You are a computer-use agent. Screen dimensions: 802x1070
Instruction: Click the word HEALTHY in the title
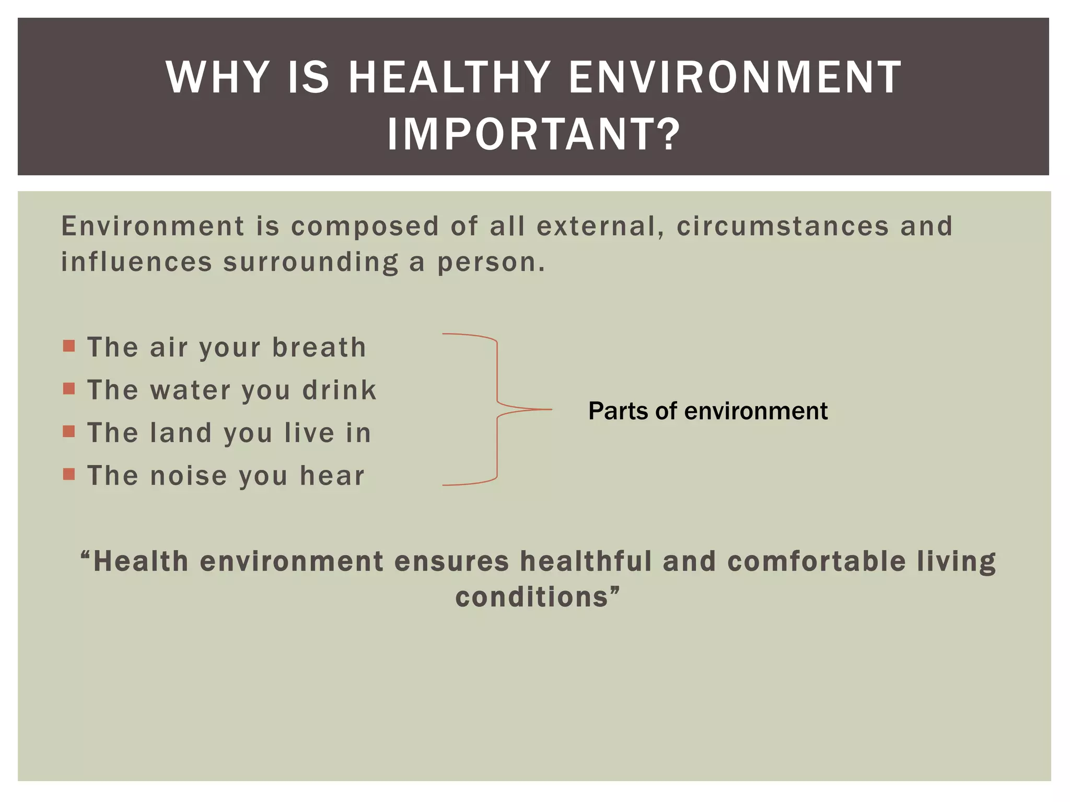click(449, 78)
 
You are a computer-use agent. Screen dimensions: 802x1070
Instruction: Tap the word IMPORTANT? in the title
click(534, 135)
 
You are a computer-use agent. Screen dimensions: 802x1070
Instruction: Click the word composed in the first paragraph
click(365, 227)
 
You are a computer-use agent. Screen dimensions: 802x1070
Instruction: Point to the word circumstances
click(782, 227)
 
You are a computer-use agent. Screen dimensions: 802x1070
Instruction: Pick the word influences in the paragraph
click(137, 262)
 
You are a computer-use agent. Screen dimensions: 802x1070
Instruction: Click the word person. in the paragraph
click(491, 263)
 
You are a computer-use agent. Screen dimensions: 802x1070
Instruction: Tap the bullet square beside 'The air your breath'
click(69, 346)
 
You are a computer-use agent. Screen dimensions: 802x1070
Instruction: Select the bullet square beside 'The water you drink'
click(69, 388)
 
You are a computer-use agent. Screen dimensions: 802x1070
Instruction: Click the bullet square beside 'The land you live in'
click(69, 431)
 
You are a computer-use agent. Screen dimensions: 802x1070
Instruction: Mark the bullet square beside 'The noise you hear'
click(69, 474)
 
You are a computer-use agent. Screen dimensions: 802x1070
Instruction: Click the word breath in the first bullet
click(319, 347)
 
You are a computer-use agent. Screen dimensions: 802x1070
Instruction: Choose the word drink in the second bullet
click(340, 390)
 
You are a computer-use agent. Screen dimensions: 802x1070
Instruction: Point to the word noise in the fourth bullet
click(189, 476)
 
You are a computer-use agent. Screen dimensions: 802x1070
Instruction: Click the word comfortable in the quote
click(816, 562)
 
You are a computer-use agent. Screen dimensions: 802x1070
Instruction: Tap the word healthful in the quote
click(586, 562)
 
